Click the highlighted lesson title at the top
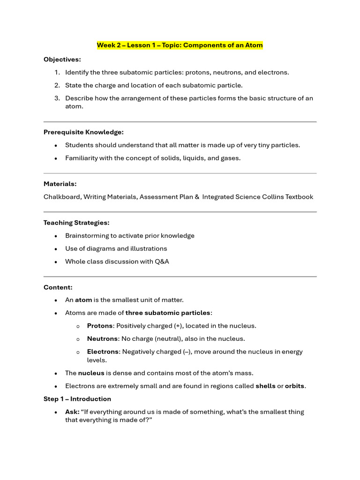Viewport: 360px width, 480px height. point(180,45)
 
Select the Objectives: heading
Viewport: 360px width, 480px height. point(62,60)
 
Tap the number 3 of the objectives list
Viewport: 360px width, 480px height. point(57,98)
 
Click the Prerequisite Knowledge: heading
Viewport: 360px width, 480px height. point(83,132)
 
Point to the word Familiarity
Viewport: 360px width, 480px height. point(81,158)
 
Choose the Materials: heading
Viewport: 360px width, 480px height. point(60,184)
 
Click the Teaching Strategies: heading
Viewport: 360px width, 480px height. point(76,223)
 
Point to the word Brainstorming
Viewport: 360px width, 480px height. point(87,236)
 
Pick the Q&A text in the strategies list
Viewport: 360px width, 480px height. point(162,262)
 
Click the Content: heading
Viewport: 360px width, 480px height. point(58,287)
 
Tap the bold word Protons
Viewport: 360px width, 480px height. point(100,326)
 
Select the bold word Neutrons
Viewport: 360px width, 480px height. point(102,338)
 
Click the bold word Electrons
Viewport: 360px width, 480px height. point(103,352)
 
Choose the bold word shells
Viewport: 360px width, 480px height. point(265,386)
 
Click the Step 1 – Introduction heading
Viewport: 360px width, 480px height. point(77,399)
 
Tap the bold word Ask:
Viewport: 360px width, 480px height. point(72,412)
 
